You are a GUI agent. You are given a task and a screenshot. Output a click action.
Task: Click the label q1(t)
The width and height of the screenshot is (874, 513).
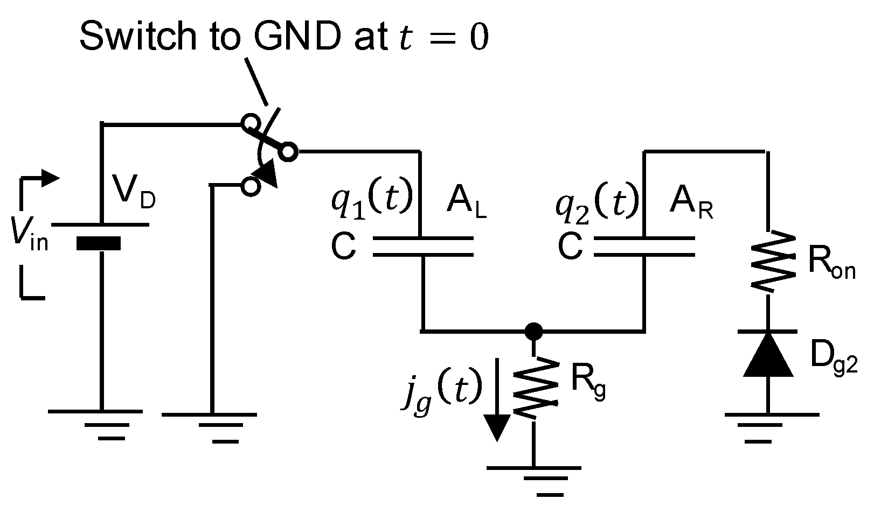click(x=371, y=200)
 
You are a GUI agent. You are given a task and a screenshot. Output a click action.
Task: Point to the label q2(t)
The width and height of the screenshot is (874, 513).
click(x=597, y=200)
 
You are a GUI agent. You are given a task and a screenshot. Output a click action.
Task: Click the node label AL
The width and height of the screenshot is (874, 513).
click(x=466, y=204)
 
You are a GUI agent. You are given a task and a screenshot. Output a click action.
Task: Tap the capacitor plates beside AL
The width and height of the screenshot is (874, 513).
click(x=422, y=246)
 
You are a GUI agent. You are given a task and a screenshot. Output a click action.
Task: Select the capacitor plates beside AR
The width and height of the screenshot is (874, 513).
click(x=644, y=246)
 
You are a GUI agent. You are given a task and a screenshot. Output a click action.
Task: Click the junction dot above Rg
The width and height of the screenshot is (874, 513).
click(x=533, y=331)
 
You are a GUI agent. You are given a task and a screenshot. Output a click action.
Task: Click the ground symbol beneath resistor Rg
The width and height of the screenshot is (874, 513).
click(x=534, y=479)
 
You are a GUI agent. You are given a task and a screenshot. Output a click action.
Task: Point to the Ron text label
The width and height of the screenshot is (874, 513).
click(x=831, y=265)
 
